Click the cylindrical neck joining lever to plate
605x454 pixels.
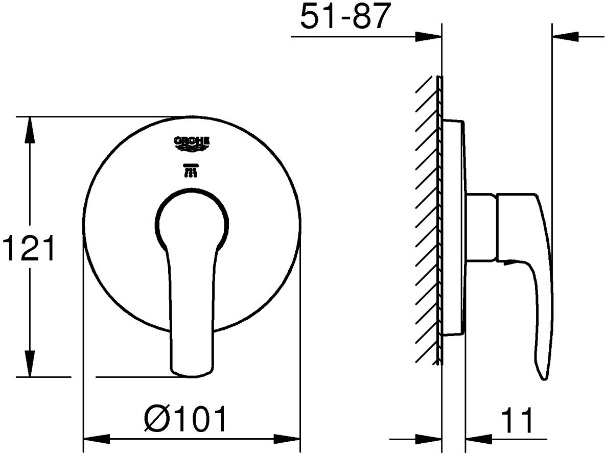482,227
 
